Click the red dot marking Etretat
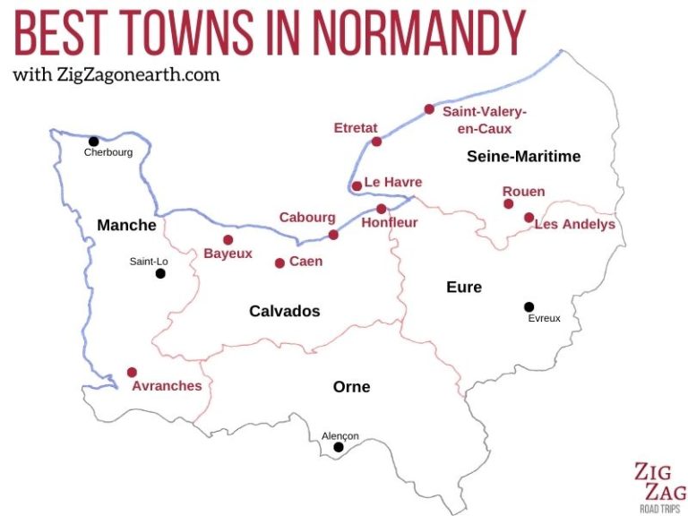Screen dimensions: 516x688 coord(376,142)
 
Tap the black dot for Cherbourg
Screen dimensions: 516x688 coord(93,141)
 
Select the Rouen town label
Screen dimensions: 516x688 coord(523,192)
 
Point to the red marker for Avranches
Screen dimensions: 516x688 coord(132,372)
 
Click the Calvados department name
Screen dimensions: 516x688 coord(284,311)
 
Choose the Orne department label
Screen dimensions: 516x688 coord(351,387)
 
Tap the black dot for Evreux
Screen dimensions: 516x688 coord(529,306)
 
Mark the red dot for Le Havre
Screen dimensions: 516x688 coord(357,186)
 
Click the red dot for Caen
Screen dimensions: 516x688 coord(279,262)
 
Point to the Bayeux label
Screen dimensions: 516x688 coord(228,254)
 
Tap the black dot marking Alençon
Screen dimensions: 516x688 coord(339,447)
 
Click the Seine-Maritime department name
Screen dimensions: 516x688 coord(523,157)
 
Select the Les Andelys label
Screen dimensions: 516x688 coord(574,224)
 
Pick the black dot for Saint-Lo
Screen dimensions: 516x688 coord(160,273)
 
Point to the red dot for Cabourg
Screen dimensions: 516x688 coord(333,235)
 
